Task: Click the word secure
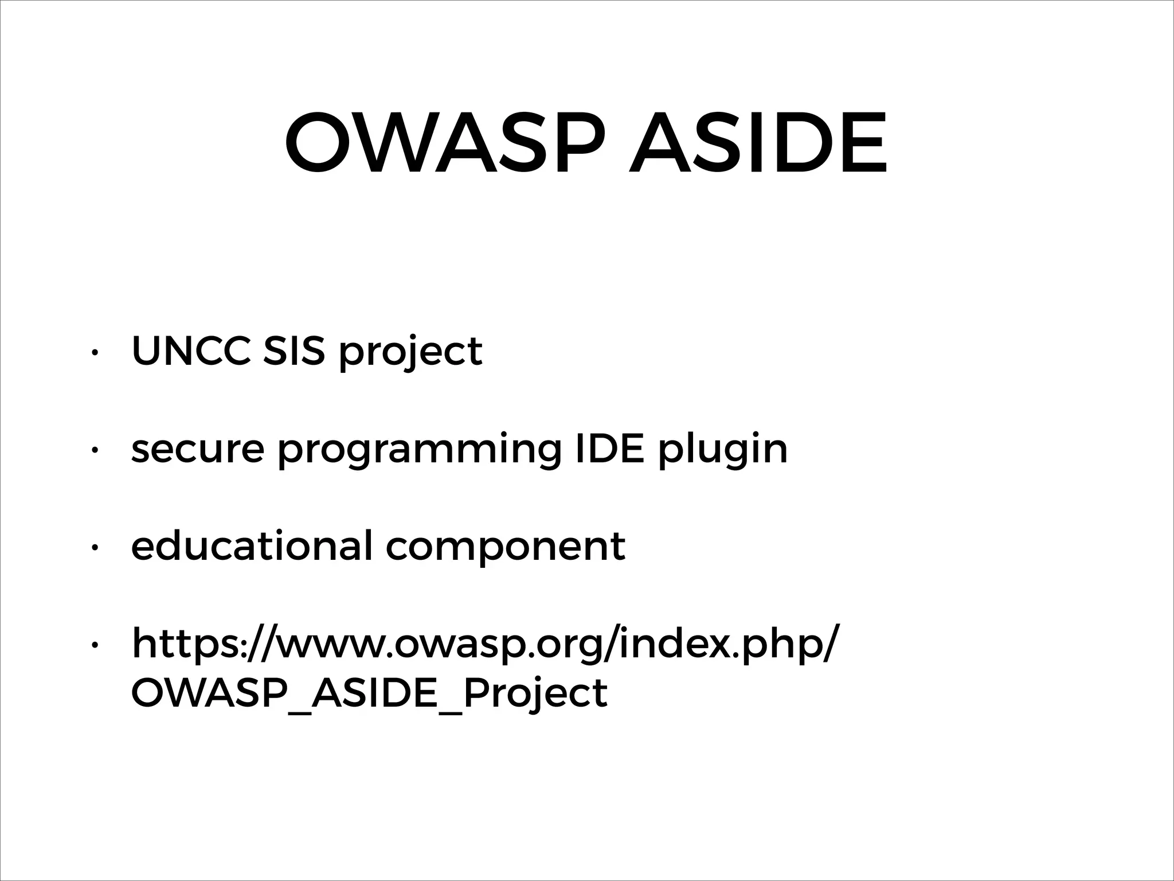(198, 449)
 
